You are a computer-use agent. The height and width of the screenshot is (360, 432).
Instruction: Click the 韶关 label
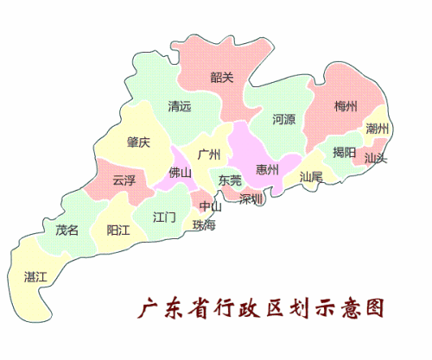pyautogui.click(x=222, y=77)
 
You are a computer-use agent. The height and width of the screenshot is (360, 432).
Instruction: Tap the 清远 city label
pyautogui.click(x=179, y=108)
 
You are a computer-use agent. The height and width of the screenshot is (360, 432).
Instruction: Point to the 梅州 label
pyautogui.click(x=345, y=107)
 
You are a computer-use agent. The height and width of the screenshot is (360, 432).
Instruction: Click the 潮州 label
pyautogui.click(x=377, y=129)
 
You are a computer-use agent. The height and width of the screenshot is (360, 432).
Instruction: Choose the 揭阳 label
pyautogui.click(x=344, y=153)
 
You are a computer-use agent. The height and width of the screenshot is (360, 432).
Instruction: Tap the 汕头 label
pyautogui.click(x=376, y=159)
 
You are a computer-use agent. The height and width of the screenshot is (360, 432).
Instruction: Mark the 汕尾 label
pyautogui.click(x=311, y=176)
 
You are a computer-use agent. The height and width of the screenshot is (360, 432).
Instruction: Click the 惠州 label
pyautogui.click(x=268, y=169)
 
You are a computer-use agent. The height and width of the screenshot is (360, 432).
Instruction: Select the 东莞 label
pyautogui.click(x=230, y=181)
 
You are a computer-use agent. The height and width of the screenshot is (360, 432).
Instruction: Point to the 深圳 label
pyautogui.click(x=251, y=199)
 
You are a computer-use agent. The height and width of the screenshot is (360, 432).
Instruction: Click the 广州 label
pyautogui.click(x=209, y=155)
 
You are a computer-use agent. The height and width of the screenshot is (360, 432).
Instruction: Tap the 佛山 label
pyautogui.click(x=181, y=172)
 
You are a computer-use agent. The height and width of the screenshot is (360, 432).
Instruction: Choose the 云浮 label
pyautogui.click(x=124, y=180)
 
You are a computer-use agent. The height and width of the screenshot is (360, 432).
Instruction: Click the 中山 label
pyautogui.click(x=211, y=206)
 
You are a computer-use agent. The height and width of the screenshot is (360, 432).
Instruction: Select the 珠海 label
pyautogui.click(x=205, y=224)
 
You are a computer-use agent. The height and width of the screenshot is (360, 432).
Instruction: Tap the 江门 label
pyautogui.click(x=164, y=217)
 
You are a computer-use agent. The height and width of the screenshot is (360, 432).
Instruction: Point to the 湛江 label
pyautogui.click(x=35, y=276)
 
